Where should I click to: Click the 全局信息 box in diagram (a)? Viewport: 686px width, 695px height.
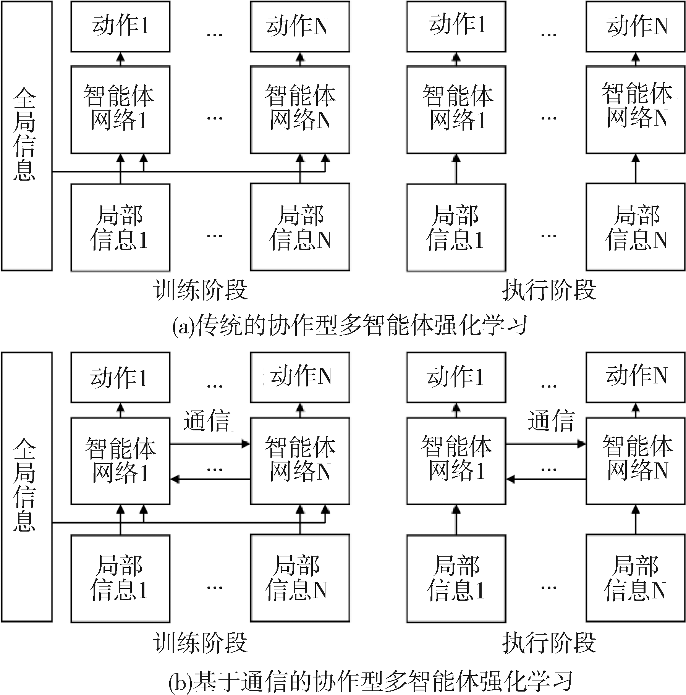pyautogui.click(x=27, y=136)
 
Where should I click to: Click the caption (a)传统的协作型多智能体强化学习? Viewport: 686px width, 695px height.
pyautogui.click(x=349, y=326)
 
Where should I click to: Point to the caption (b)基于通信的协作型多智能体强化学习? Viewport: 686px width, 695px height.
pyautogui.click(x=371, y=682)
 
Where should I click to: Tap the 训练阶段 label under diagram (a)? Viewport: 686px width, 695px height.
pyautogui.click(x=201, y=291)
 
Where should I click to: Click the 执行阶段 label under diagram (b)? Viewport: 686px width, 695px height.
pyautogui.click(x=549, y=643)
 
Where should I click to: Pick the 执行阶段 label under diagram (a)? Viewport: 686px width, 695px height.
pyautogui.click(x=549, y=291)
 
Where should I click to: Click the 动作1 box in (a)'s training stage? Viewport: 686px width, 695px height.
pyautogui.click(x=120, y=26)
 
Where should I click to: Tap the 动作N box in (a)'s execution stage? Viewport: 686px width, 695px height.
pyautogui.click(x=636, y=26)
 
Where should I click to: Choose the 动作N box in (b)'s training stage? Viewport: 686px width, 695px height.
pyautogui.click(x=300, y=377)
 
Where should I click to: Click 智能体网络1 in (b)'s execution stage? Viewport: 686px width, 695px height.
pyautogui.click(x=456, y=461)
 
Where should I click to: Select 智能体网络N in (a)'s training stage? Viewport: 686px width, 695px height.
pyautogui.click(x=300, y=110)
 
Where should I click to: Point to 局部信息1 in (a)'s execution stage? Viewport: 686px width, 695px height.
pyautogui.click(x=456, y=228)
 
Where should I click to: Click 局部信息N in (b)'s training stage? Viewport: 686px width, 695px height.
pyautogui.click(x=300, y=578)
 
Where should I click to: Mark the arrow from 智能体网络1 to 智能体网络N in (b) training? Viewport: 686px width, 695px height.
pyautogui.click(x=210, y=444)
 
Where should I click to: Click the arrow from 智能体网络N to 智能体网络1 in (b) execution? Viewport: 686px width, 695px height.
pyautogui.click(x=546, y=479)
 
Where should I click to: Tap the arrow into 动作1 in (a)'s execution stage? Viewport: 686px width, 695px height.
pyautogui.click(x=456, y=59)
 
